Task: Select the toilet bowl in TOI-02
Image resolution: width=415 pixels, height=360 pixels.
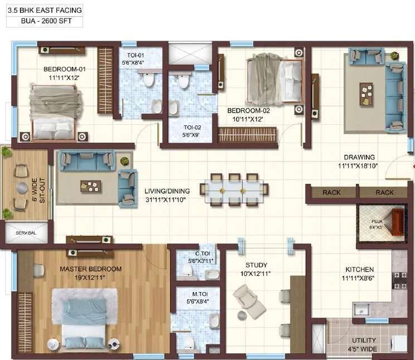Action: pos(182,81)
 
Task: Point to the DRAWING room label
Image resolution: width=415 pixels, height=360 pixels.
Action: pos(359,157)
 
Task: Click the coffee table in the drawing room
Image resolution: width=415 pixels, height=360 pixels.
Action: pos(366,93)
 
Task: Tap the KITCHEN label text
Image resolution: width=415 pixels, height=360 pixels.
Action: pos(359,270)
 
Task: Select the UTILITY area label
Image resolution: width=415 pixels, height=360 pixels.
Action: pos(364,340)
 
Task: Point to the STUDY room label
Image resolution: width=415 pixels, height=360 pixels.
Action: pos(256,265)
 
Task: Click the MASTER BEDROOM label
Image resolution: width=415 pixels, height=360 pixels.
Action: pos(90,269)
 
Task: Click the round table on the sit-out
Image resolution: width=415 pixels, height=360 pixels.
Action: pos(21,188)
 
